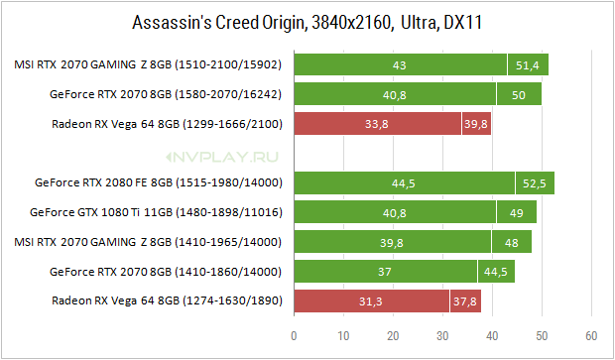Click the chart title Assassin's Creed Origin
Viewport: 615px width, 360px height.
point(218,23)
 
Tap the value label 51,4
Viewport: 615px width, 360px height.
point(527,65)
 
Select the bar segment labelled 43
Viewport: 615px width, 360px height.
point(401,64)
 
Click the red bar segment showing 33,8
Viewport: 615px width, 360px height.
point(378,124)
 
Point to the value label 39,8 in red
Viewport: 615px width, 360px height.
point(476,124)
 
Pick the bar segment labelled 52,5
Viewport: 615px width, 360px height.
point(535,182)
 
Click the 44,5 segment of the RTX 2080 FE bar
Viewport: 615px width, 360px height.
point(405,182)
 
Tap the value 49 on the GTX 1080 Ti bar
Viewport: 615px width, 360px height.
point(517,213)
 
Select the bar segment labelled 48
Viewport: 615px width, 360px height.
point(512,242)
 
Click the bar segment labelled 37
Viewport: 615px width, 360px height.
point(386,272)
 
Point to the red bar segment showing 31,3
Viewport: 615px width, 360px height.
point(371,301)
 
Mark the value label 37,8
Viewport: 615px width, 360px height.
point(465,301)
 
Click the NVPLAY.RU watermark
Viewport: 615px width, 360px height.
point(222,158)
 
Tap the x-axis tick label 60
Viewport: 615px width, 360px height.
point(591,336)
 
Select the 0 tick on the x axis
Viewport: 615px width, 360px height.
point(294,336)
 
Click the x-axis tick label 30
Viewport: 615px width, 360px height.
point(442,336)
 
